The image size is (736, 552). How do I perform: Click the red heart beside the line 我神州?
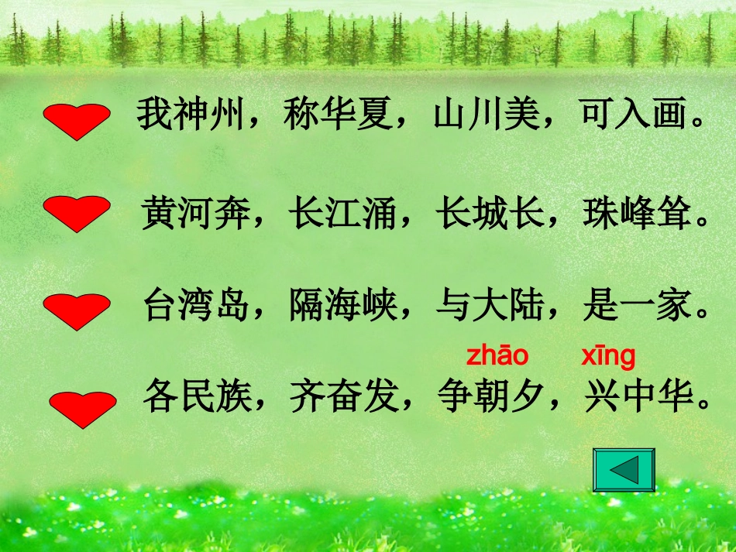click(76, 122)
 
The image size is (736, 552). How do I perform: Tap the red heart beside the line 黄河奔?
click(76, 213)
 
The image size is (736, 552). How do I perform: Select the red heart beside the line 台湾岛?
click(76, 311)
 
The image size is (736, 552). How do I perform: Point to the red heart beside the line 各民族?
click(83, 409)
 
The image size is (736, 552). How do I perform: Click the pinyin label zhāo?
click(497, 356)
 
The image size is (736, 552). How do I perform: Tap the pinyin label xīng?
click(608, 356)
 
